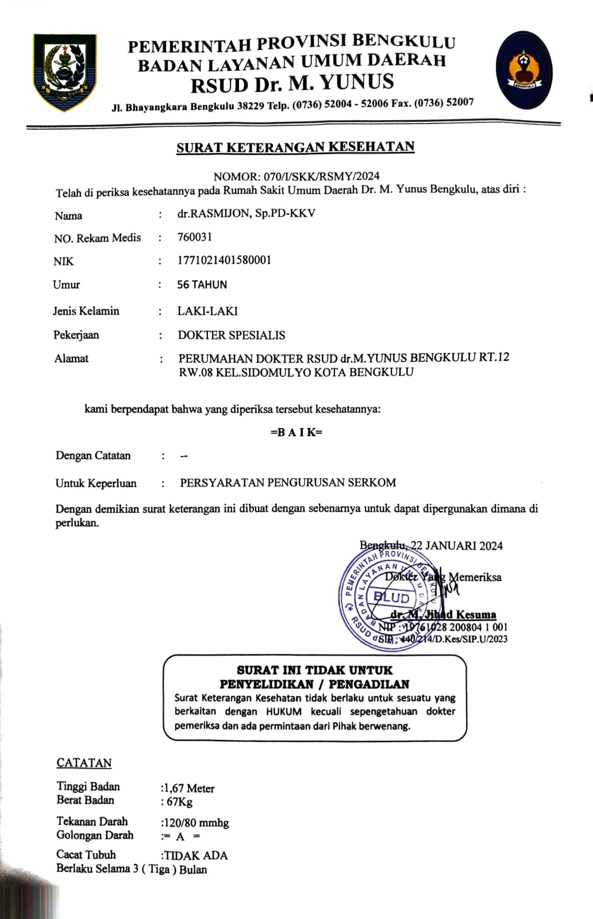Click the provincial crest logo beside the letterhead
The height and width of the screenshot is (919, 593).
coord(64,72)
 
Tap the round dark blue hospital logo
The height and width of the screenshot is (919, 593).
coord(523,71)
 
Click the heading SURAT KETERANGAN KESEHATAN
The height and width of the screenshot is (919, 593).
coord(295,148)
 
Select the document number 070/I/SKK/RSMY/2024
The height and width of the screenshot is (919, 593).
coord(321,176)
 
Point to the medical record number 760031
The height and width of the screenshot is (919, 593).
coord(195,237)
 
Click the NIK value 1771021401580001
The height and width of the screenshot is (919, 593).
coord(224,260)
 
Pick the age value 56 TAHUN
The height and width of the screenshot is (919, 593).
coord(202,285)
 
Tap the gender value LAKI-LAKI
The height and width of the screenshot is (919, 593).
coord(207,311)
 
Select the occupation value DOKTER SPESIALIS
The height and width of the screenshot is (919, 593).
coord(231,335)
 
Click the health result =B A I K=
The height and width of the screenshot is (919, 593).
coord(296,433)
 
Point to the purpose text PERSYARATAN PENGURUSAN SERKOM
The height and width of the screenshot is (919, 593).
coord(288,483)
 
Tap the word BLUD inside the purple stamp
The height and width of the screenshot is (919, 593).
coord(391,598)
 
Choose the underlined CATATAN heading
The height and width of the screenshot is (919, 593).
coord(84,763)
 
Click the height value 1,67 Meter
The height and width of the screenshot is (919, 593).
coord(189,789)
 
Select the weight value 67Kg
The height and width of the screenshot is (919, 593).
coord(179,802)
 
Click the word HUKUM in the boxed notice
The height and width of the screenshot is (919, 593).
coord(283,712)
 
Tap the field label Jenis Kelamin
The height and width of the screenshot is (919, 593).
coord(86,311)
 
